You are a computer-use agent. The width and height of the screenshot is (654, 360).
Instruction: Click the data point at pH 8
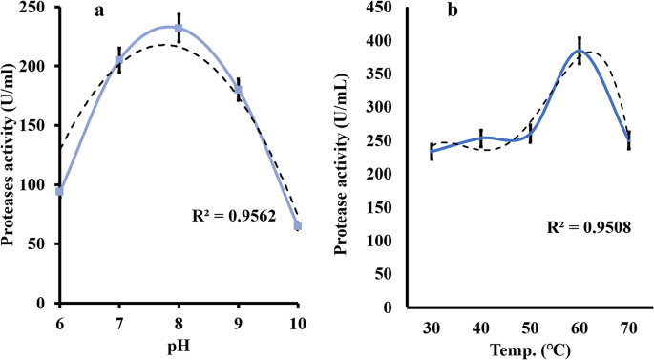click(179, 28)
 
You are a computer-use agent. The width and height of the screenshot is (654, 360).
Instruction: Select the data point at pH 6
click(59, 191)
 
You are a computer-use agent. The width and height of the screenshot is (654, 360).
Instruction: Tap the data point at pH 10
click(297, 225)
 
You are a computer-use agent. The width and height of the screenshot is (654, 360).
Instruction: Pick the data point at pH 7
click(119, 61)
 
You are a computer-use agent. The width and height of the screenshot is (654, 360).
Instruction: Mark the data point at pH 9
click(238, 91)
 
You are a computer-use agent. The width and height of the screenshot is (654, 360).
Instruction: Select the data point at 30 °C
click(431, 152)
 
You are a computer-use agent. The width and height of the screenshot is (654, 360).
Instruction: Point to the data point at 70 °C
click(629, 140)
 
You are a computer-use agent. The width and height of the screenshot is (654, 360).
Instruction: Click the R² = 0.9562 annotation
click(226, 218)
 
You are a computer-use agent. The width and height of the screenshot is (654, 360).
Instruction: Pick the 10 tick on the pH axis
click(297, 322)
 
